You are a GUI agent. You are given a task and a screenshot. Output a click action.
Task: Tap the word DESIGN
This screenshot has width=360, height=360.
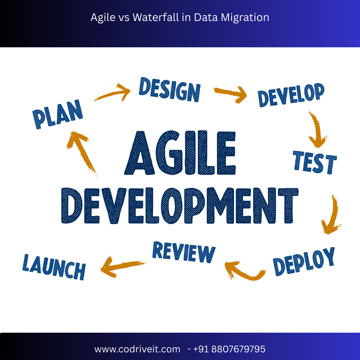[169, 89]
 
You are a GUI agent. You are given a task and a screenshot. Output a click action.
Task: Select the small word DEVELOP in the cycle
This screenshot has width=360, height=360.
[291, 95]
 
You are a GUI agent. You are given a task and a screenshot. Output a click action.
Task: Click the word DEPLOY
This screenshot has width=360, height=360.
[304, 262]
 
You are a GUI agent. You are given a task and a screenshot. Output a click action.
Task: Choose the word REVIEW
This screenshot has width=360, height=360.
[184, 252]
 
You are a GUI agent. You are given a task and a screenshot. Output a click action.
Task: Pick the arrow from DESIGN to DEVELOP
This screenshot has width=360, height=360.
[230, 94]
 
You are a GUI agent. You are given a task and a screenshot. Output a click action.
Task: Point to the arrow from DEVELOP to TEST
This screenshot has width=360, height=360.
[317, 130]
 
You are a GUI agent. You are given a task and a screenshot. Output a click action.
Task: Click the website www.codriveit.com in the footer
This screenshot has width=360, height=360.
[137, 349]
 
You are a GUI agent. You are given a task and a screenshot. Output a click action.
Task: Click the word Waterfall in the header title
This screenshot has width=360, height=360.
[156, 17]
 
